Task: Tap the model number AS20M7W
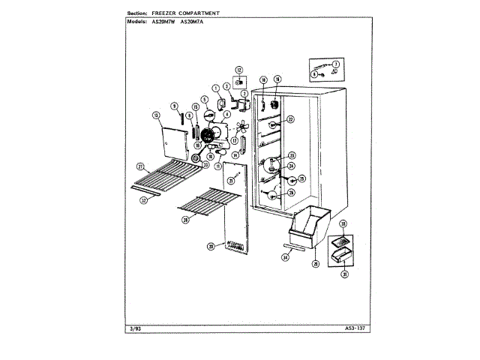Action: click(163, 21)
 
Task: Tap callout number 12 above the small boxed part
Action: click(239, 69)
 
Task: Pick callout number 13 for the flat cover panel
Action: click(156, 115)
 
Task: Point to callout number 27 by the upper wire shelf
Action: click(139, 166)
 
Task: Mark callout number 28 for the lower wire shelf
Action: click(184, 220)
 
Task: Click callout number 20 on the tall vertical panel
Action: click(211, 246)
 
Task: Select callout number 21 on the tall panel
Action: click(232, 181)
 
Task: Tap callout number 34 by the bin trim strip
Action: click(285, 257)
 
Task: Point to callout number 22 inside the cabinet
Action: click(291, 119)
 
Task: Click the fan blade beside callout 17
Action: click(241, 128)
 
